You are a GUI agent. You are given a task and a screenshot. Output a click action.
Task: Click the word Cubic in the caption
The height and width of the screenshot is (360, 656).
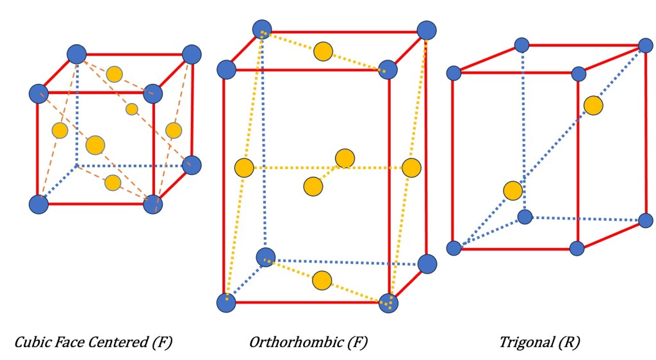31,343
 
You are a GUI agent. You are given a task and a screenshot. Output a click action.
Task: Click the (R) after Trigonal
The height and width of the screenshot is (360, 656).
568,343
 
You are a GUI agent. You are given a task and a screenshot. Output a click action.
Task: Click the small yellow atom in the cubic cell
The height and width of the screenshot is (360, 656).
132,109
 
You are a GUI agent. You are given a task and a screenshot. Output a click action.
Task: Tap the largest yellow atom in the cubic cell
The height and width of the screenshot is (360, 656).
95,145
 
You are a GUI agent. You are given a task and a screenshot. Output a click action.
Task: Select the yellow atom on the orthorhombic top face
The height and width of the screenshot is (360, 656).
324,52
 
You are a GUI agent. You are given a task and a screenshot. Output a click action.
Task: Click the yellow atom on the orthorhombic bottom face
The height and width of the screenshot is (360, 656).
322,280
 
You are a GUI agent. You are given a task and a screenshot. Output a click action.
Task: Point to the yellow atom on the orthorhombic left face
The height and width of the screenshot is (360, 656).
244,168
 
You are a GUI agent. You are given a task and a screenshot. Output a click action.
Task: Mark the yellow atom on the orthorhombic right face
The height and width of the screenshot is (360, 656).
411,167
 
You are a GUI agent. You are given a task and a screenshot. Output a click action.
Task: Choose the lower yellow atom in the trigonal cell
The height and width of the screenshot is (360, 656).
512,190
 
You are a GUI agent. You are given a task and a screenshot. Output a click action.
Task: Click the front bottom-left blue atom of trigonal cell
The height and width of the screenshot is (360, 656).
454,248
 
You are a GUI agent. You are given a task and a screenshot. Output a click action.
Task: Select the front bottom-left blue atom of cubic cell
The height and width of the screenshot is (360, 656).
38,204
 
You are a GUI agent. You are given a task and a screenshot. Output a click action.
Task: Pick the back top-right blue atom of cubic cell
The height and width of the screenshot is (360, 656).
192,54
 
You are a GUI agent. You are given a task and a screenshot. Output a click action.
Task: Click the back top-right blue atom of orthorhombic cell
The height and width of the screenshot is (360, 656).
427,30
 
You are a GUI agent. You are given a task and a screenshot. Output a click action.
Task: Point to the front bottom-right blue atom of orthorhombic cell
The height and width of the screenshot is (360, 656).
388,303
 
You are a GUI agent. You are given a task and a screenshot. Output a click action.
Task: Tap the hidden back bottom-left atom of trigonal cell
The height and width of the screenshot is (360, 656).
525,217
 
